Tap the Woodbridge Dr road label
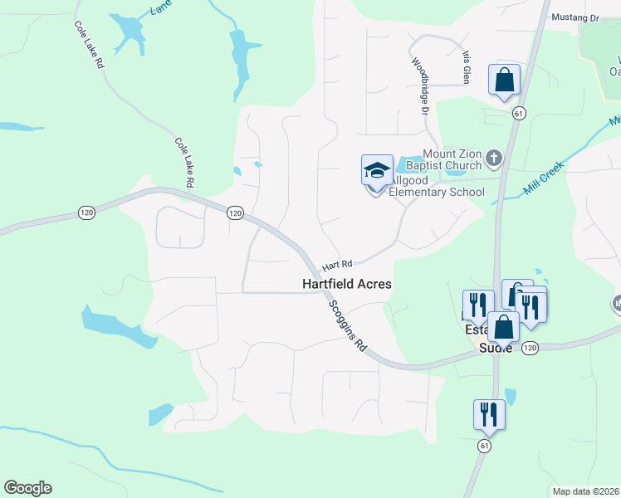click(x=421, y=85)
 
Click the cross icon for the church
click(x=493, y=158)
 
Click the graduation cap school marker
click(x=377, y=170)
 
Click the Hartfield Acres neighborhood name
click(x=345, y=284)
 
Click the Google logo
click(x=27, y=487)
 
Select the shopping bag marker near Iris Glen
click(x=504, y=80)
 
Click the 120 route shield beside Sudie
click(x=531, y=348)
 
